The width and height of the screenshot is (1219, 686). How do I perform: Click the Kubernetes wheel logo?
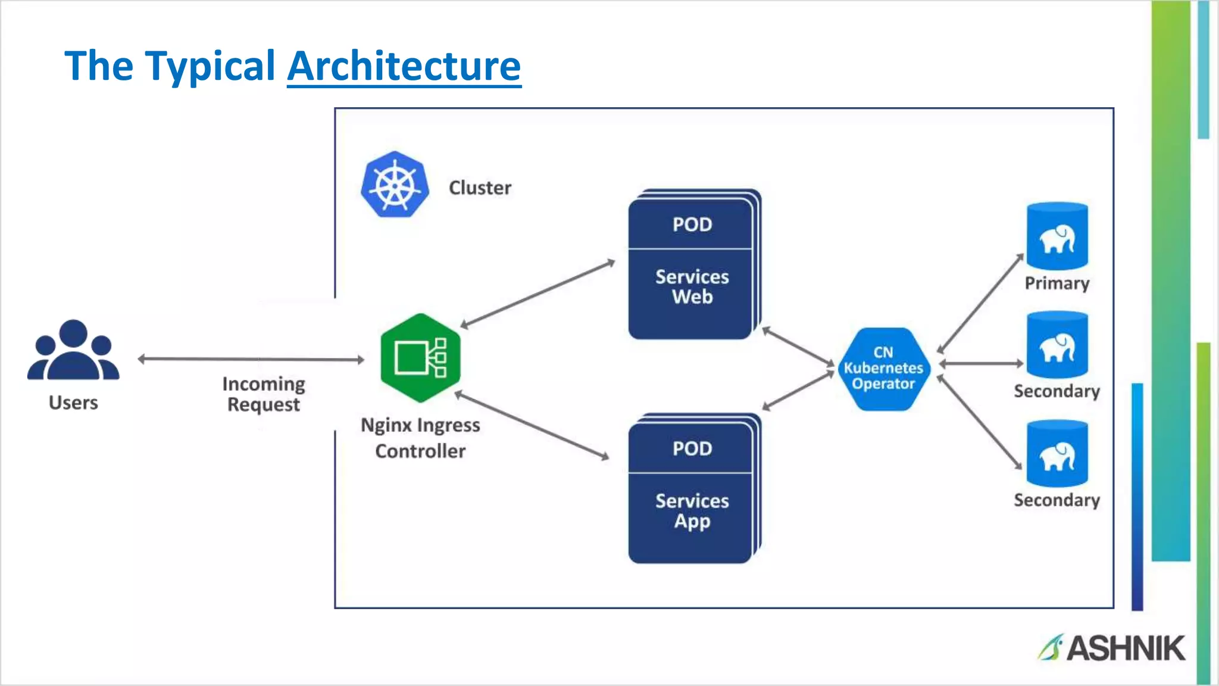(x=395, y=185)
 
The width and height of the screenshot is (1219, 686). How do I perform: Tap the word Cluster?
(x=480, y=188)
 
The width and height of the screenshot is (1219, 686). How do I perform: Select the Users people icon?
(x=73, y=351)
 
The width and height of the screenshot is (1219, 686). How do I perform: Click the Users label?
(x=73, y=403)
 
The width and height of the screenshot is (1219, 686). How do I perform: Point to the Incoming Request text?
(x=264, y=394)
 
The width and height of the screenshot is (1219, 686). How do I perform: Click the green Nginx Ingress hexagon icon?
(x=420, y=358)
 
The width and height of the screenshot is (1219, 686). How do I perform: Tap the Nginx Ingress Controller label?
(x=420, y=438)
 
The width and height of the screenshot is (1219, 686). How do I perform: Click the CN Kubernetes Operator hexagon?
(x=883, y=369)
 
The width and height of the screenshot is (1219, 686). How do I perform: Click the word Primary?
(x=1057, y=283)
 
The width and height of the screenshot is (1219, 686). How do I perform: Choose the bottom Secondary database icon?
(x=1057, y=454)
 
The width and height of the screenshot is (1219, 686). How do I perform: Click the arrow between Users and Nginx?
(x=250, y=359)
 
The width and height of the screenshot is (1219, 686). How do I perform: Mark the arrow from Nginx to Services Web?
(x=537, y=294)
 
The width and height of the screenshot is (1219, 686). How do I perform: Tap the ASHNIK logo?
(x=1112, y=648)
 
